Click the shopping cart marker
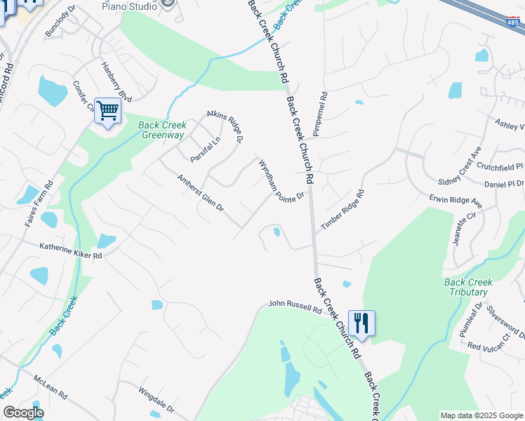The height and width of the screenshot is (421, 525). pyautogui.click(x=107, y=110)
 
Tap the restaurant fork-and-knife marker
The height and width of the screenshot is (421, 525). pyautogui.click(x=361, y=323)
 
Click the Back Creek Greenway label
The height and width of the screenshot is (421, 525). pyautogui.click(x=161, y=131)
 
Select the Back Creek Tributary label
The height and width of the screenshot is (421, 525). pyautogui.click(x=468, y=287)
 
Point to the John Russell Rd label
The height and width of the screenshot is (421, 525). pyautogui.click(x=295, y=307)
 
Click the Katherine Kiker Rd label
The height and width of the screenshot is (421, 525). pyautogui.click(x=71, y=251)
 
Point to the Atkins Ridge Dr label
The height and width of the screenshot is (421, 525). pyautogui.click(x=225, y=126)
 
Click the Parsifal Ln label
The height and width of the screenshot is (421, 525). pyautogui.click(x=205, y=149)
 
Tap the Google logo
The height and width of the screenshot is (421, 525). pyautogui.click(x=23, y=413)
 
